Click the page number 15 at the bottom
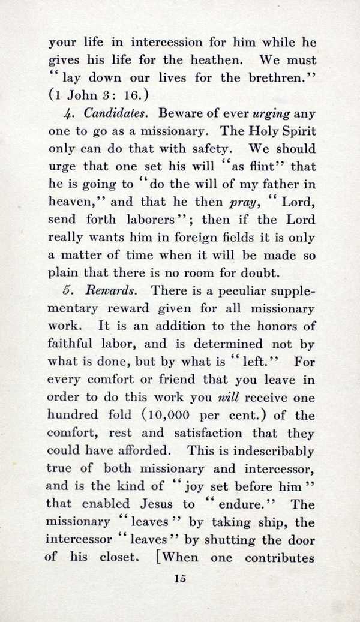179,579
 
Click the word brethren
275,77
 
